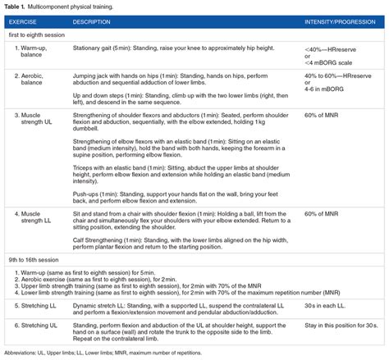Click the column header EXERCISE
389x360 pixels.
tap(26, 21)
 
